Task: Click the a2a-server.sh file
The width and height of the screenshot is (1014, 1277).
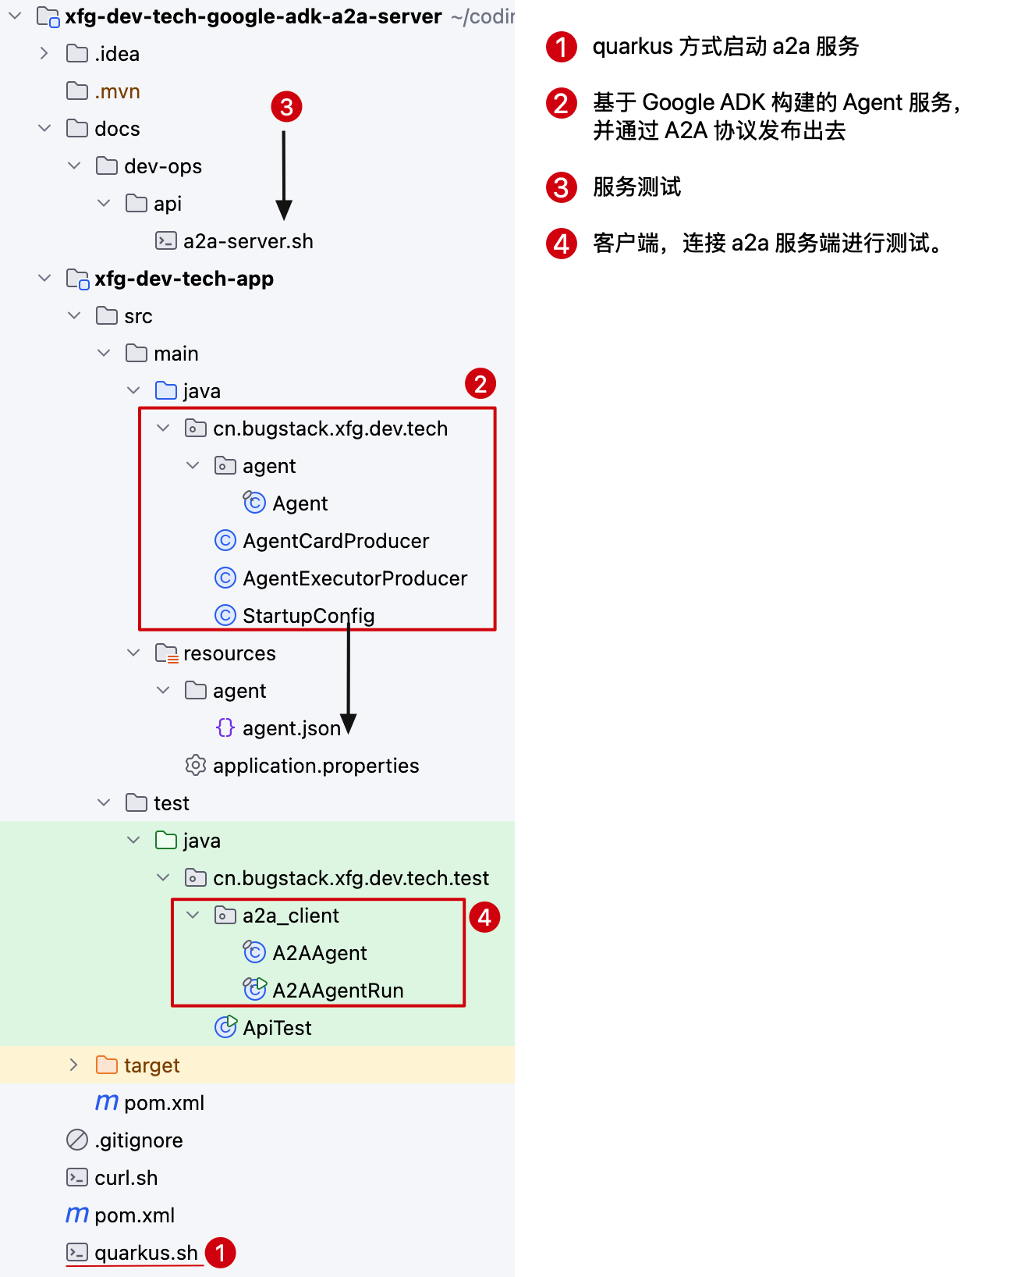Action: (x=247, y=241)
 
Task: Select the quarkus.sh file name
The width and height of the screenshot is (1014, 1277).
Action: (x=146, y=1253)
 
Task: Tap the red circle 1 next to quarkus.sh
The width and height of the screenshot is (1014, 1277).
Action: (x=220, y=1253)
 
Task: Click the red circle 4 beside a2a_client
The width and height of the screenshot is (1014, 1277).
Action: (x=484, y=917)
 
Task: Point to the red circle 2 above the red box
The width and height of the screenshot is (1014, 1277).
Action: (x=480, y=383)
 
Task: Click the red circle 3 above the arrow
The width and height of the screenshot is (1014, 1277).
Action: (x=286, y=106)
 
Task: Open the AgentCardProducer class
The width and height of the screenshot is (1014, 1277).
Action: (x=335, y=541)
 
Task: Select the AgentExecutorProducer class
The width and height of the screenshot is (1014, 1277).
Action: (x=355, y=578)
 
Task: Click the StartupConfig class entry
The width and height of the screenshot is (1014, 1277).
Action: (x=308, y=616)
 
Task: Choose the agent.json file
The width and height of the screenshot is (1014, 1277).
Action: (x=291, y=728)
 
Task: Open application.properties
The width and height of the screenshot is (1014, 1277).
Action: (x=316, y=766)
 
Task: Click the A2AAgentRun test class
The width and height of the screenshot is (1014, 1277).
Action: (x=338, y=991)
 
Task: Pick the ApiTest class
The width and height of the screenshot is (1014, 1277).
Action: (x=277, y=1028)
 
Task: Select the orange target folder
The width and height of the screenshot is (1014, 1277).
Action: (x=151, y=1065)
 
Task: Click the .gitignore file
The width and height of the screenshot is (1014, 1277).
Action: (x=138, y=1140)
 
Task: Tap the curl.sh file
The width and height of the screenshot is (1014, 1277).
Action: (x=126, y=1178)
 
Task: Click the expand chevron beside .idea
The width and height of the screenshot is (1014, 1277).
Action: (x=44, y=54)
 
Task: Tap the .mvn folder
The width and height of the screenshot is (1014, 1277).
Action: (x=117, y=91)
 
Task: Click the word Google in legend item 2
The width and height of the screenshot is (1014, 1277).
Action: (x=678, y=102)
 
